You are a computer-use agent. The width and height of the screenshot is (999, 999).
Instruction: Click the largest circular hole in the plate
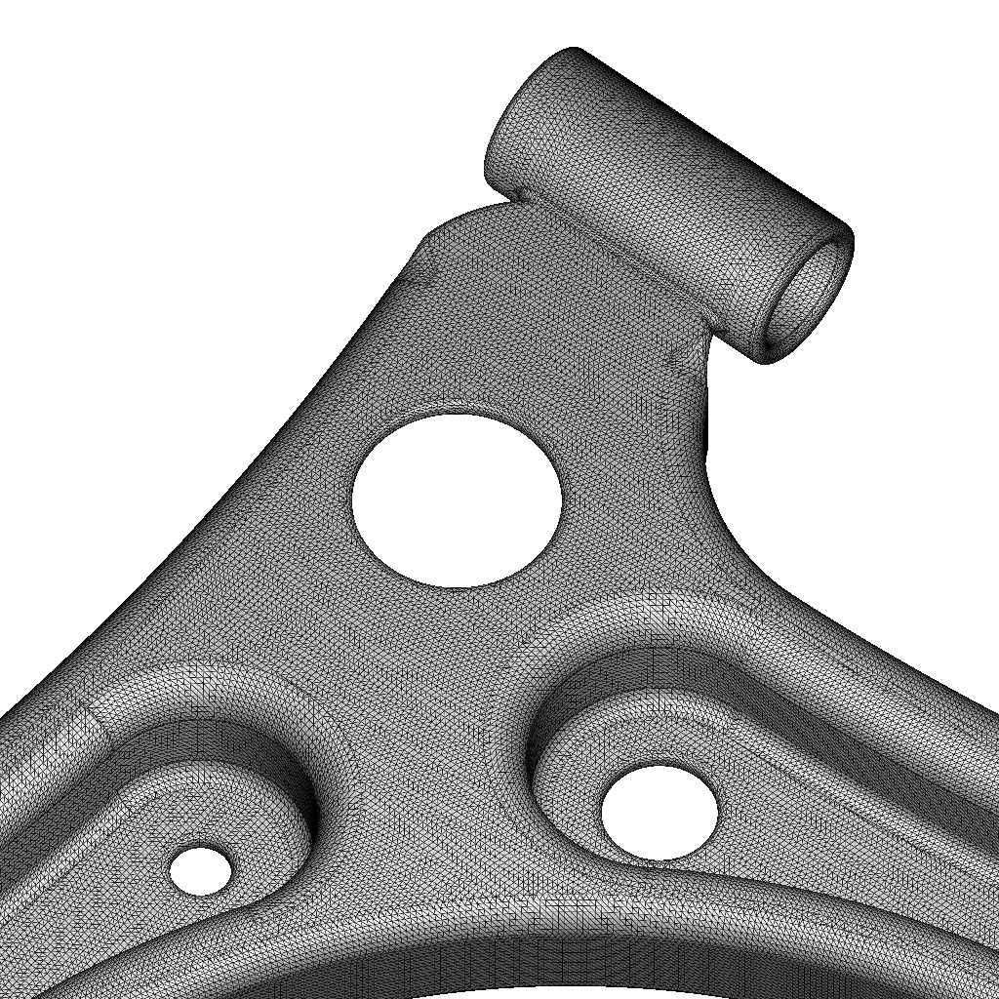coord(457,499)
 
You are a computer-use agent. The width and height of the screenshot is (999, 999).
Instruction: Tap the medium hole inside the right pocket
coord(659,813)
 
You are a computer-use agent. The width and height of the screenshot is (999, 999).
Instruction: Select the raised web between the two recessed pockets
coord(429,741)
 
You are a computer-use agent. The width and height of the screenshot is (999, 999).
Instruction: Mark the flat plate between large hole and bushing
coord(546,332)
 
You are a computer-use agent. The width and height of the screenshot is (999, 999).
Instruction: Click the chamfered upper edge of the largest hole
coord(459,411)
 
